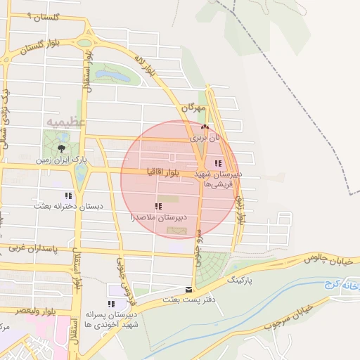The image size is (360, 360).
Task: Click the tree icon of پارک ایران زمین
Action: pos(61,148)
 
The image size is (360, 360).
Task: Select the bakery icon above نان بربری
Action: pos(205,128)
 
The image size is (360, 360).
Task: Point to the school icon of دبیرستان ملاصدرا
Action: pos(157,206)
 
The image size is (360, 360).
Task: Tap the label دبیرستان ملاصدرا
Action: pos(157,219)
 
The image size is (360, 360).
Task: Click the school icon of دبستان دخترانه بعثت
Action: pos(67,195)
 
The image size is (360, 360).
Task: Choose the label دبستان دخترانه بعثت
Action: pos(70,207)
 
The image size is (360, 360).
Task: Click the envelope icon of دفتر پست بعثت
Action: pos(188,289)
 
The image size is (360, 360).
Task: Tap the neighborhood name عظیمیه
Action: pos(65,122)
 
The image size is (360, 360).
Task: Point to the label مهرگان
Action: pos(192,109)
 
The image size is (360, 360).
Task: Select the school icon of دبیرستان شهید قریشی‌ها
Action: pos(226,163)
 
